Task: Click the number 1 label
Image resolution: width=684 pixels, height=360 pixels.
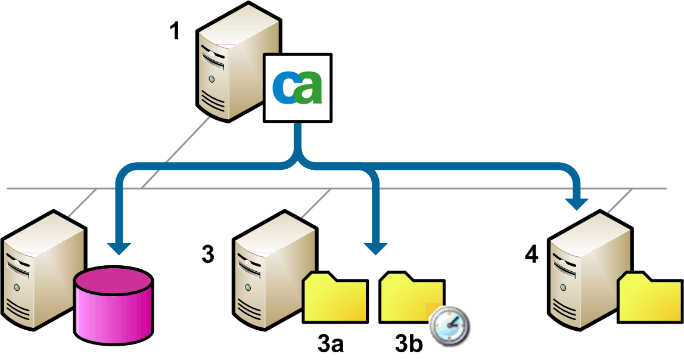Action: (x=175, y=31)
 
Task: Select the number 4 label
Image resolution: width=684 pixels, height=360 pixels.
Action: (x=531, y=255)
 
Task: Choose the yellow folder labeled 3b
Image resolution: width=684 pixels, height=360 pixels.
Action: (x=410, y=297)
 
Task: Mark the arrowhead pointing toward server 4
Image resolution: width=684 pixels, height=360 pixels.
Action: (x=577, y=203)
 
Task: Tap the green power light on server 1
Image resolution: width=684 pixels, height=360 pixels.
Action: (x=210, y=78)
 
